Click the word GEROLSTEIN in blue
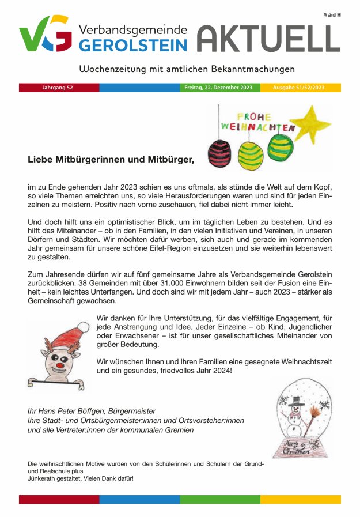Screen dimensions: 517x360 click(x=134, y=46)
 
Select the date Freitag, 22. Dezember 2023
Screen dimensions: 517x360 click(x=218, y=88)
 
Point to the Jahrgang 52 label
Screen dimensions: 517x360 click(x=58, y=88)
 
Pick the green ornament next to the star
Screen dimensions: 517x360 click(x=280, y=148)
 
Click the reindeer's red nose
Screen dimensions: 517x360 click(x=57, y=365)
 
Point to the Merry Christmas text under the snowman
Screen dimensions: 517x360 click(x=295, y=447)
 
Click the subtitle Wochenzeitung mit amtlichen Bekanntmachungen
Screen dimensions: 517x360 click(x=187, y=69)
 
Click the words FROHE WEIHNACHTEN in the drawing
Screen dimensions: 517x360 click(x=258, y=122)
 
